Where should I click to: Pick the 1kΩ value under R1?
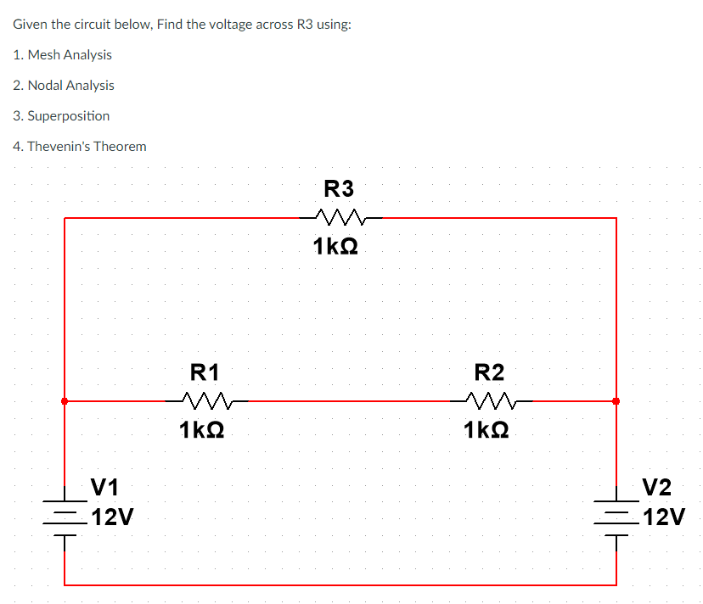pos(202,430)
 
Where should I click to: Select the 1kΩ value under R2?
pos(487,430)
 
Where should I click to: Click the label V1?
pos(105,487)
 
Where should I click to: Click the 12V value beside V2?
pos(664,517)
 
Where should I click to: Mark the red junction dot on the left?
pos(65,400)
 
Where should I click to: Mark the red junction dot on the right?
pos(616,400)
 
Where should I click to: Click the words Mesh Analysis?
pos(70,54)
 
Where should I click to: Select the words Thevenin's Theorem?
pos(87,146)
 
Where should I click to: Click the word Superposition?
pos(69,115)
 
